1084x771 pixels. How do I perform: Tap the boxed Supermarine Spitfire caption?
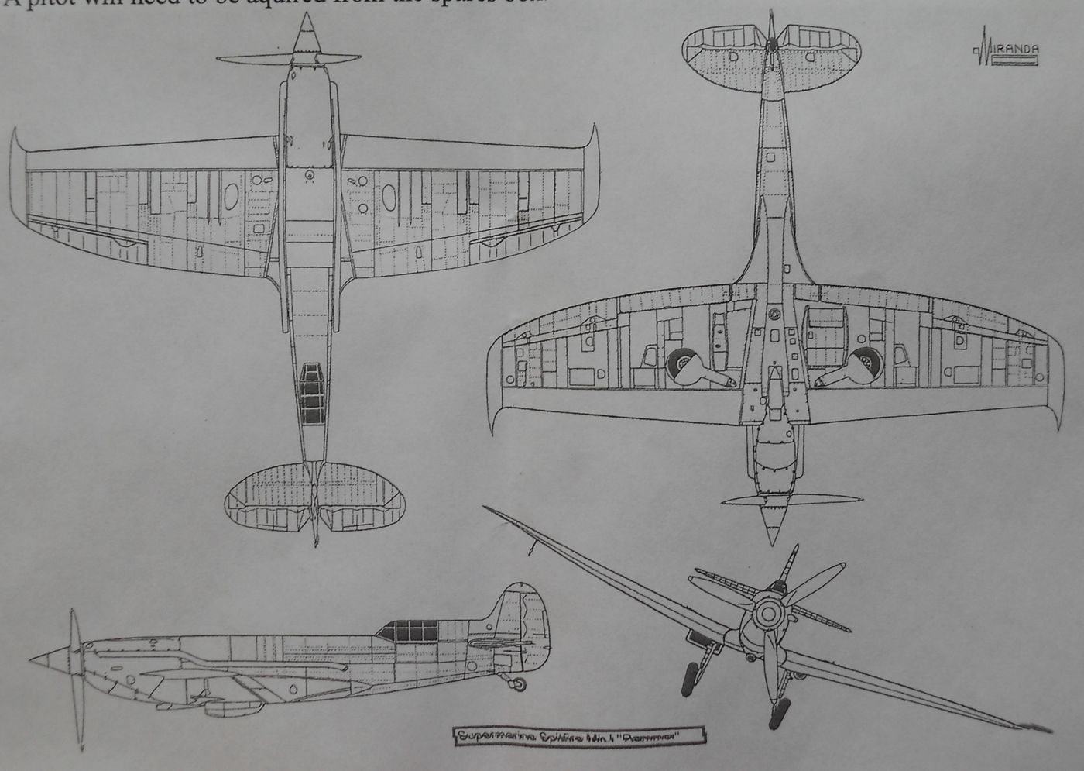pyautogui.click(x=576, y=735)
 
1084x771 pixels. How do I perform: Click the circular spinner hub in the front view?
pyautogui.click(x=765, y=614)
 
